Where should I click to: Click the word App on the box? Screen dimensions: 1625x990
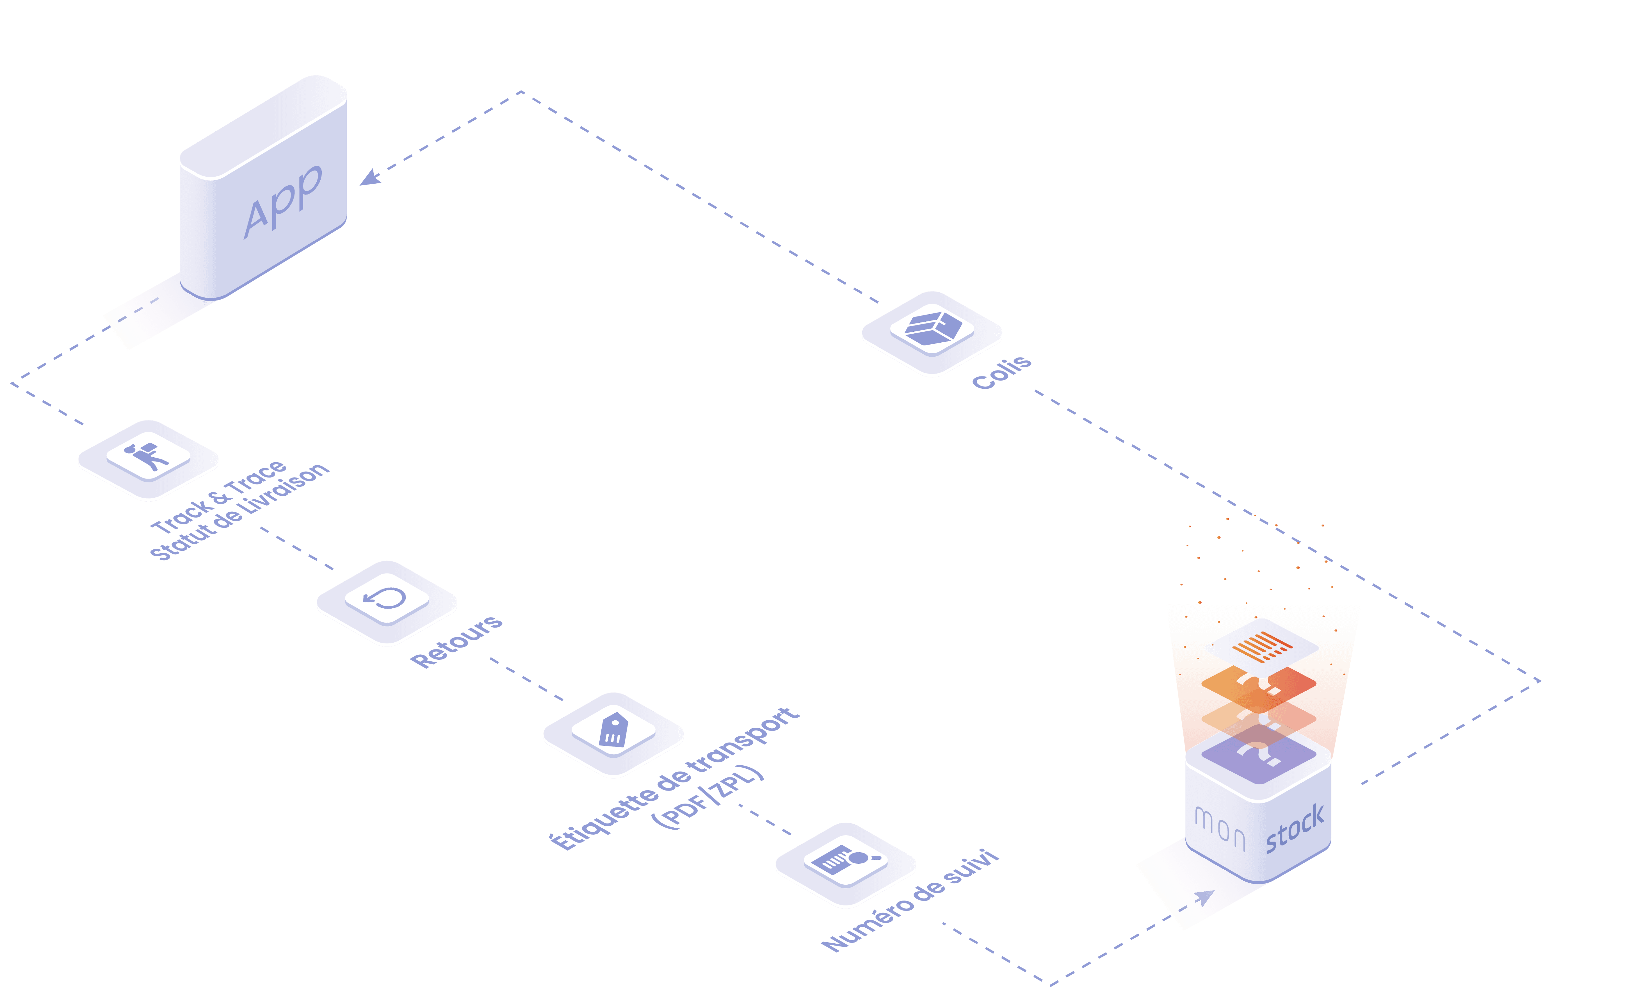coord(283,201)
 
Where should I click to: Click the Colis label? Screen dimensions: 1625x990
coord(1002,372)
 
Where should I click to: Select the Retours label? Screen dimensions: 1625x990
coord(457,641)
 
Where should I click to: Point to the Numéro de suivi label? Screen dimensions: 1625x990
coord(910,900)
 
